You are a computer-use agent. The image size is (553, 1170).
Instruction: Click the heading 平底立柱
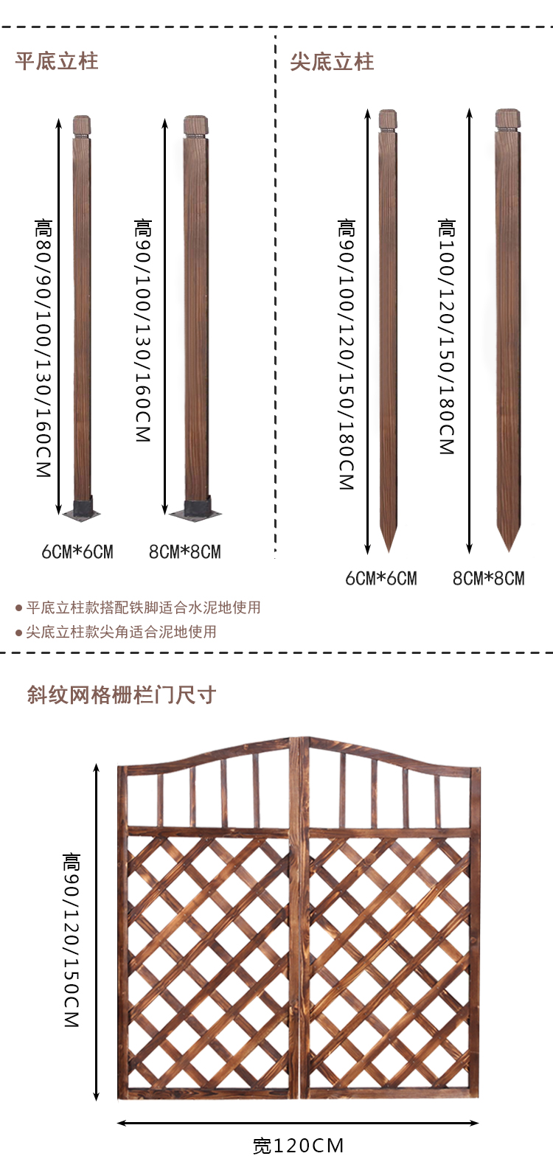[x=57, y=61]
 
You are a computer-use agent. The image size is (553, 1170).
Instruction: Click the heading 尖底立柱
[x=332, y=62]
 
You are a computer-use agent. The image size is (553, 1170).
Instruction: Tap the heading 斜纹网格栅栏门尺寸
[x=122, y=695]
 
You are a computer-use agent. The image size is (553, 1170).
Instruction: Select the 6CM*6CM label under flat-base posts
[x=77, y=551]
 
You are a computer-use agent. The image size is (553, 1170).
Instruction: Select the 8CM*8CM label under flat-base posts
[x=185, y=551]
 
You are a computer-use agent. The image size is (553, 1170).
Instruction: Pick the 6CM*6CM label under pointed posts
[x=381, y=579]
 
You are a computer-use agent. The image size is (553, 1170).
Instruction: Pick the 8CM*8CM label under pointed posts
[x=489, y=579]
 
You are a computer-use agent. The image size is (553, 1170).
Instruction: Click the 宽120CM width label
[x=299, y=1146]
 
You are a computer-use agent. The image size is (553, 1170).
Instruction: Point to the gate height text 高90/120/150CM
[x=72, y=940]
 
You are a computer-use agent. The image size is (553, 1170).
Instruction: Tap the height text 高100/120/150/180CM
[x=447, y=336]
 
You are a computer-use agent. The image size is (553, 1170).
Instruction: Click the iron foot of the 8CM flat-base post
[x=195, y=509]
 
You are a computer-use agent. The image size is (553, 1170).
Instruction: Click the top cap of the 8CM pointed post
[x=507, y=119]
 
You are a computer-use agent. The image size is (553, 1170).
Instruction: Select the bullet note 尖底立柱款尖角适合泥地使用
[x=121, y=632]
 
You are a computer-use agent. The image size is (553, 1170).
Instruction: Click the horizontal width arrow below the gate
[x=299, y=1124]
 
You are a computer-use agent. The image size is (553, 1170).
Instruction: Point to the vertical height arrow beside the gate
[x=97, y=933]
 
